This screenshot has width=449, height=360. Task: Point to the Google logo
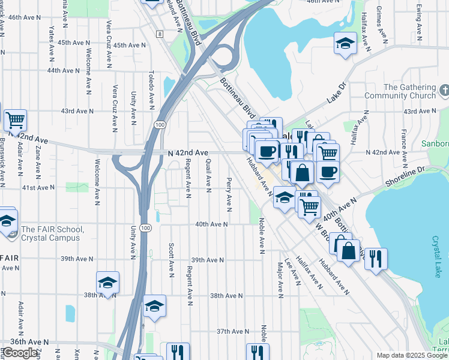[x=20, y=353]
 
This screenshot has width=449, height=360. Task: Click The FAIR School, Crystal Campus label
[x=50, y=233]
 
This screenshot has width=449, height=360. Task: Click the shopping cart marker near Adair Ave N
[x=16, y=120]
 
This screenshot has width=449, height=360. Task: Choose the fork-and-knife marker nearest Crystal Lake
[x=376, y=259]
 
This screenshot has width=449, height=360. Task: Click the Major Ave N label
[x=280, y=279]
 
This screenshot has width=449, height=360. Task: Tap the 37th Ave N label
[x=232, y=331]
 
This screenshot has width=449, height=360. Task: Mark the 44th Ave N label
[x=64, y=70]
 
